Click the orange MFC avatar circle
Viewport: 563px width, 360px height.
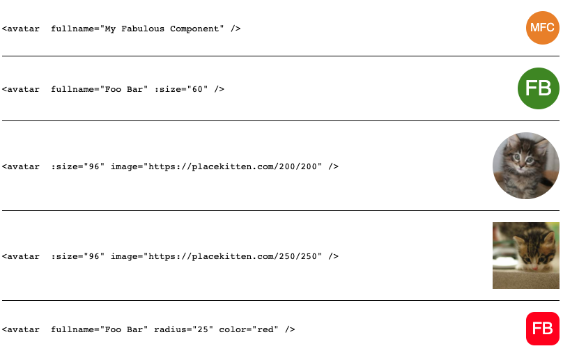543,28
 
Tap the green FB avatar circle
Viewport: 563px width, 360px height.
539,88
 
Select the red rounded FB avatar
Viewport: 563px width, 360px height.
543,329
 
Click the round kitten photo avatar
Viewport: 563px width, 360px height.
526,166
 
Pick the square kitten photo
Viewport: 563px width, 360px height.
526,256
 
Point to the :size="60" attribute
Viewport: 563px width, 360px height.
181,89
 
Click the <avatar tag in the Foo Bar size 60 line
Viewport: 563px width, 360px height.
21,89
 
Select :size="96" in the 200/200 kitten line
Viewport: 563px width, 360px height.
77,166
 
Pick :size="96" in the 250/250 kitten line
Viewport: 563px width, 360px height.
77,256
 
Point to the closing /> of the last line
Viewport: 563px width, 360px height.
290,329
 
